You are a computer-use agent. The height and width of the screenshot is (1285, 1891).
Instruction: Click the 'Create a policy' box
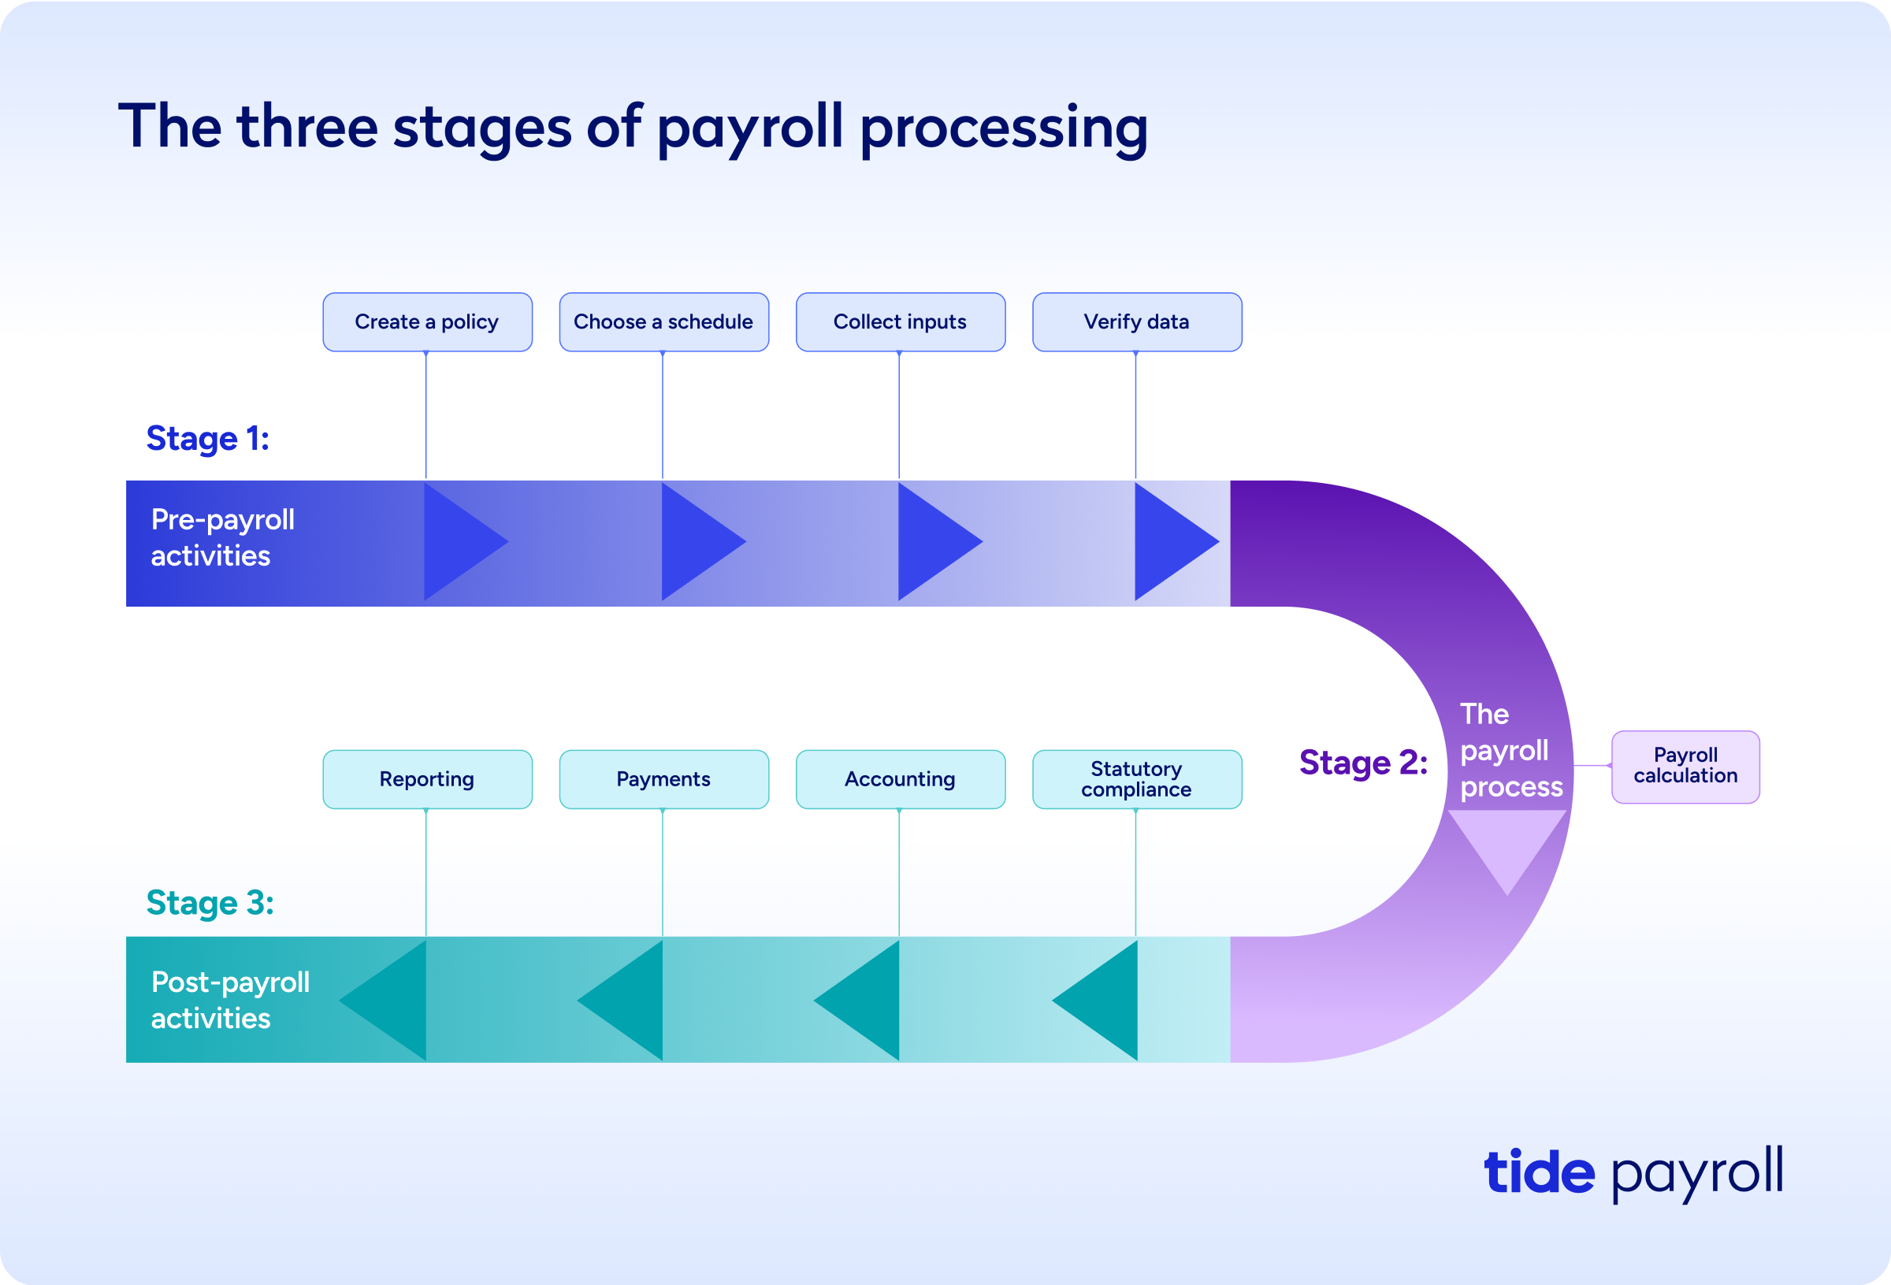pyautogui.click(x=427, y=322)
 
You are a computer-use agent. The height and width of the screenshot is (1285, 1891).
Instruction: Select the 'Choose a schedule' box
pyautogui.click(x=664, y=322)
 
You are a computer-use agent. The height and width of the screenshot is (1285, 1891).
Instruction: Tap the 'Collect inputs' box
pyautogui.click(x=901, y=322)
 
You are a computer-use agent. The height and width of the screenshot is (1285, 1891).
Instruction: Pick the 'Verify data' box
pyautogui.click(x=1137, y=322)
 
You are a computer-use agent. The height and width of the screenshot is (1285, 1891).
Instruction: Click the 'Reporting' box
pyautogui.click(x=427, y=780)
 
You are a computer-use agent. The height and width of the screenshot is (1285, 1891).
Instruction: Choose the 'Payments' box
pyautogui.click(x=664, y=780)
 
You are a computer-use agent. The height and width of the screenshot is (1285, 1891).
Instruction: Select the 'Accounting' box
pyautogui.click(x=901, y=780)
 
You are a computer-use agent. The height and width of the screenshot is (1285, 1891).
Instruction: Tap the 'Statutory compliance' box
pyautogui.click(x=1137, y=780)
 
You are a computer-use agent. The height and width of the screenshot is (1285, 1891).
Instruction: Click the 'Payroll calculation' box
pyautogui.click(x=1685, y=767)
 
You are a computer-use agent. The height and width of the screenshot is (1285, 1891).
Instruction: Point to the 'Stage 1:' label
pyautogui.click(x=207, y=439)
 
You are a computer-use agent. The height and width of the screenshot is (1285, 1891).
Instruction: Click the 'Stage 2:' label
pyautogui.click(x=1363, y=763)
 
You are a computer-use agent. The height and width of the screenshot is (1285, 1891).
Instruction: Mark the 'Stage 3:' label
pyautogui.click(x=210, y=904)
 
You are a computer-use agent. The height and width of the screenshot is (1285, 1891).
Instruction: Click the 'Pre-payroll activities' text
pyautogui.click(x=222, y=537)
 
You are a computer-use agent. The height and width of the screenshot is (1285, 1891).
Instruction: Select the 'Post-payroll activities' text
pyautogui.click(x=230, y=1000)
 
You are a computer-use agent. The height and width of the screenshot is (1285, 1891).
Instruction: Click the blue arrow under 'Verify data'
pyautogui.click(x=1176, y=541)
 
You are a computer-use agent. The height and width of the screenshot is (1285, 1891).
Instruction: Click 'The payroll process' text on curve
pyautogui.click(x=1511, y=750)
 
